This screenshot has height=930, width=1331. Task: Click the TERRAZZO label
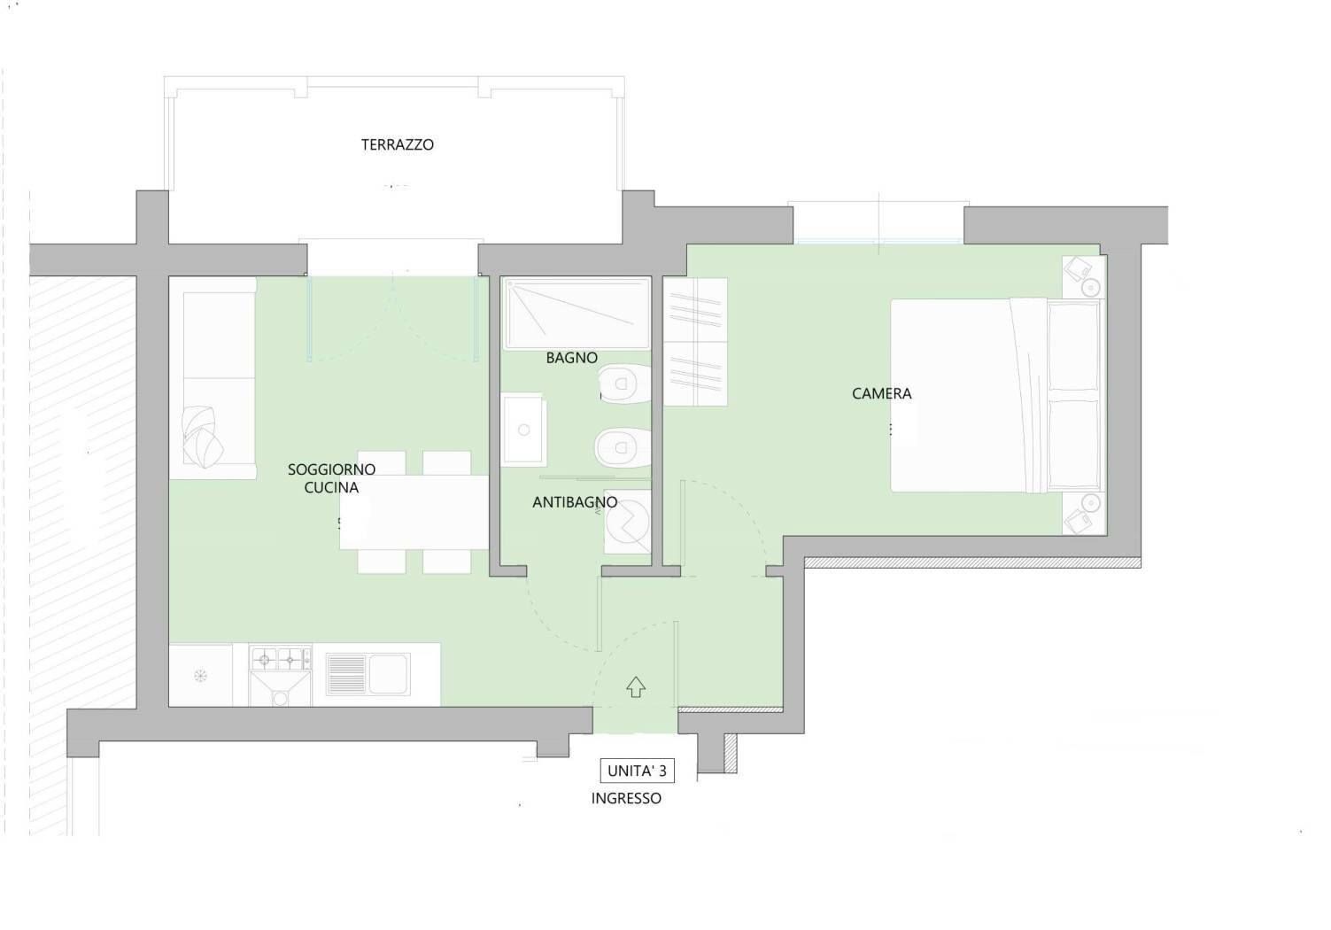click(x=398, y=144)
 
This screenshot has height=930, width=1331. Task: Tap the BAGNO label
click(x=571, y=358)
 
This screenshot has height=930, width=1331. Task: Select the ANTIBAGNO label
click(x=575, y=502)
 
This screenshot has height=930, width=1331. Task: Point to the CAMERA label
click(x=882, y=393)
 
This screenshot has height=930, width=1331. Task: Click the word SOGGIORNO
click(x=331, y=469)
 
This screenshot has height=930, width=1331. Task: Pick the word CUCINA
click(x=331, y=488)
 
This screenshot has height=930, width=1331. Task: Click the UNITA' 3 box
click(x=637, y=771)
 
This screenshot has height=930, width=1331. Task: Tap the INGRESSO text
click(x=626, y=798)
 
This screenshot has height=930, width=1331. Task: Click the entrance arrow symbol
click(x=636, y=687)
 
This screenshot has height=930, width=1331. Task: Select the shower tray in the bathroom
click(x=577, y=314)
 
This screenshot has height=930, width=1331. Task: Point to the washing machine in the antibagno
click(x=628, y=522)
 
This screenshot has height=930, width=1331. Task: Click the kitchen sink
click(x=368, y=675)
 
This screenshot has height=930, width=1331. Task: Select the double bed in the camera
click(x=997, y=395)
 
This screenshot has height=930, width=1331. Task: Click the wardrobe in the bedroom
click(x=695, y=342)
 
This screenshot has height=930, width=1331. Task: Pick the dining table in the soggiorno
click(x=414, y=512)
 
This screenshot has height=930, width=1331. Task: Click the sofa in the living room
click(x=213, y=378)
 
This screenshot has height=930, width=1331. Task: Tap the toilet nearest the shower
click(x=624, y=384)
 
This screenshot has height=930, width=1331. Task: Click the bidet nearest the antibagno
click(x=623, y=447)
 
